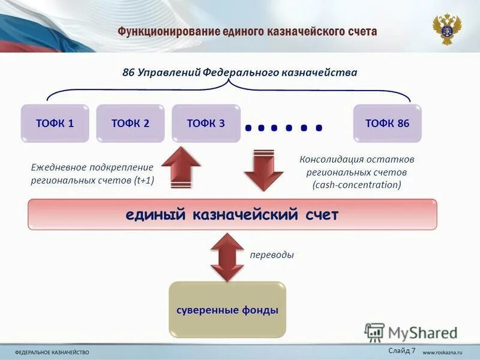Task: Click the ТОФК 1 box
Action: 55,124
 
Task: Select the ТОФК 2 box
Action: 130,124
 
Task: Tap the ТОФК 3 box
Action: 206,124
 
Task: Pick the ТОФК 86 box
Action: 387,124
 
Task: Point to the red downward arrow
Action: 263,170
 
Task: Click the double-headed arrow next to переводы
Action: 227,256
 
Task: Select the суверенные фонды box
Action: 227,310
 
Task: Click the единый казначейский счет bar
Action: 232,215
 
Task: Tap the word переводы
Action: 272,255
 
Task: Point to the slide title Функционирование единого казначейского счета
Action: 247,31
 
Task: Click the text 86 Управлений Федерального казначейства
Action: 239,73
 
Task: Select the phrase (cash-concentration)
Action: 356,185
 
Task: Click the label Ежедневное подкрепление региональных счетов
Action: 92,173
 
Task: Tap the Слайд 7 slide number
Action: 401,350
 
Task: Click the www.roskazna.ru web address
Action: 445,352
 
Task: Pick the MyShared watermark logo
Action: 412,332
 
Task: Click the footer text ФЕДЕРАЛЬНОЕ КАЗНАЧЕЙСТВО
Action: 52,352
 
